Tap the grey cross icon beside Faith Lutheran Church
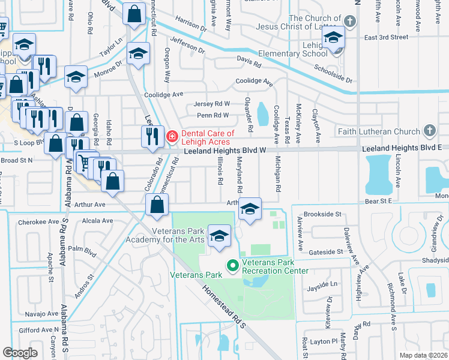(x=430, y=130)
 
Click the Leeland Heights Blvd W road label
(x=224, y=151)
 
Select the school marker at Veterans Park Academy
(x=219, y=235)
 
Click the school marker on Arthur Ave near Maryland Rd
(x=250, y=208)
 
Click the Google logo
(x=20, y=353)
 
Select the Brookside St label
(x=322, y=214)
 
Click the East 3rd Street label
(x=387, y=37)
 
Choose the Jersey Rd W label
(x=213, y=103)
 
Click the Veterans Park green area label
(x=196, y=275)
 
